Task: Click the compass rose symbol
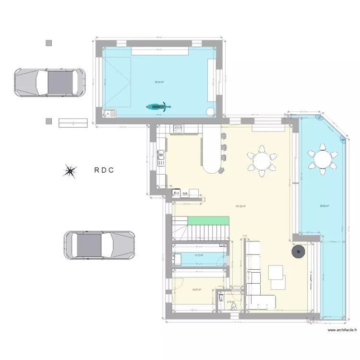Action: point(70,171)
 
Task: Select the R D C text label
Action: point(104,170)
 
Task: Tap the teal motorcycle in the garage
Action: point(158,108)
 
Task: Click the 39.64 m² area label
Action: point(159,82)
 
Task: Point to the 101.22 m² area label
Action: point(240,206)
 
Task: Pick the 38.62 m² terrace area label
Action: point(324,207)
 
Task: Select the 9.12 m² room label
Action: point(199,255)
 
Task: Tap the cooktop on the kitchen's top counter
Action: point(178,128)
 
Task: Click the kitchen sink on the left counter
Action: point(161,154)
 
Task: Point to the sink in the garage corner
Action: point(110,113)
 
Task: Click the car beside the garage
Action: point(50,82)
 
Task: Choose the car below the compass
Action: point(99,245)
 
